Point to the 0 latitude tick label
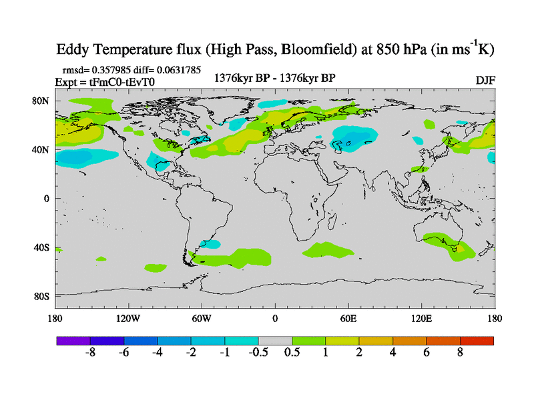pyautogui.click(x=47, y=199)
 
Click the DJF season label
pyautogui.click(x=485, y=81)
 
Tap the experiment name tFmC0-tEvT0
pyautogui.click(x=127, y=81)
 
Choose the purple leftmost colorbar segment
pyautogui.click(x=73, y=341)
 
